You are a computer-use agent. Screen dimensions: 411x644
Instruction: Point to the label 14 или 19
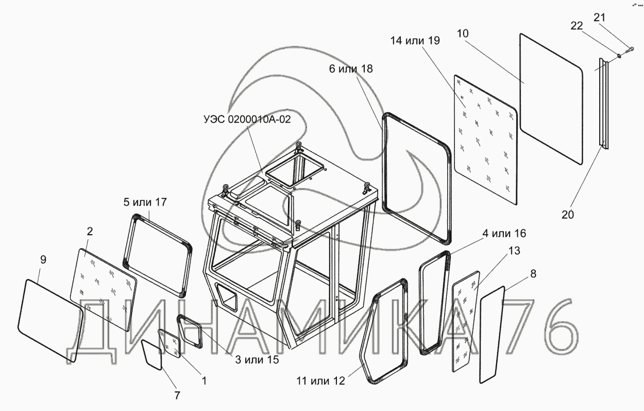pyautogui.click(x=415, y=42)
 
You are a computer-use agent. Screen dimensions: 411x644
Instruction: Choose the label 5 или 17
pyautogui.click(x=145, y=202)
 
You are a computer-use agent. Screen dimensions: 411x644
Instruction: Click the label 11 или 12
pyautogui.click(x=320, y=382)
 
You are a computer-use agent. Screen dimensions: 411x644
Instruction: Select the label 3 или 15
pyautogui.click(x=257, y=360)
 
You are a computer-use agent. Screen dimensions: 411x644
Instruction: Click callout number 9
pyautogui.click(x=43, y=260)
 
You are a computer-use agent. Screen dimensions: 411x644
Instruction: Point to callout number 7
pyautogui.click(x=177, y=396)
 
